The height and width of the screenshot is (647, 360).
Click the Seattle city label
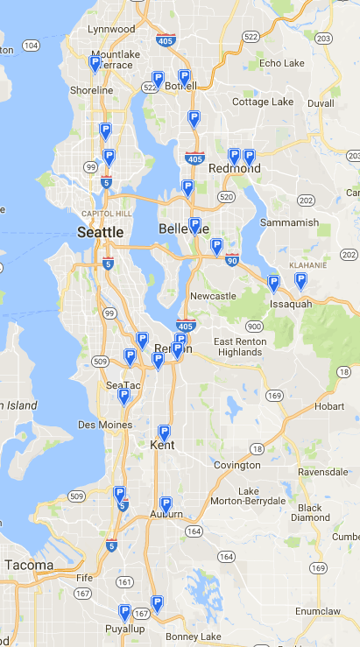100,232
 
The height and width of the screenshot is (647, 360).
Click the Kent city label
162,445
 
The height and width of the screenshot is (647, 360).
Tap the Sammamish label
289,222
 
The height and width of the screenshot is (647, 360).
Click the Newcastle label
213,296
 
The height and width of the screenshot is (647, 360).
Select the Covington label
236,465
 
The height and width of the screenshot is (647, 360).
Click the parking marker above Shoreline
95,63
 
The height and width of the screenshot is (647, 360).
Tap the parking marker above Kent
164,432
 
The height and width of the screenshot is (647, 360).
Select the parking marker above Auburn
165,504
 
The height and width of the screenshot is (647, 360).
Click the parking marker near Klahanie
300,280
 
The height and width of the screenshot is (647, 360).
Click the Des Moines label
104,425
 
